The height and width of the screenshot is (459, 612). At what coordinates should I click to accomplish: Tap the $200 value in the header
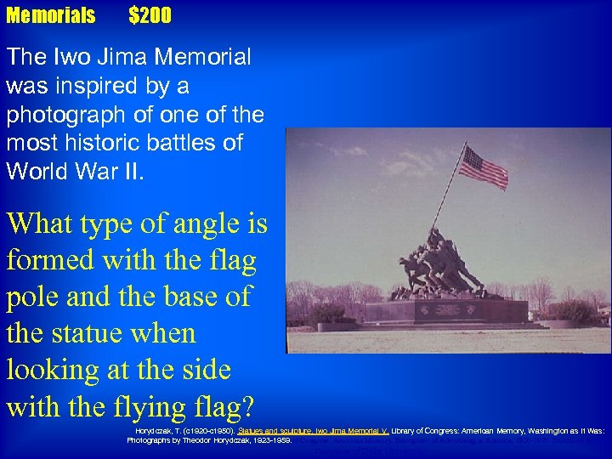[150, 15]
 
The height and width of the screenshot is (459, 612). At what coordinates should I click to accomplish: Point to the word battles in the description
[209, 143]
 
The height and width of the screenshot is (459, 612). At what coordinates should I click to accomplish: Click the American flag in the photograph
[483, 167]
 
